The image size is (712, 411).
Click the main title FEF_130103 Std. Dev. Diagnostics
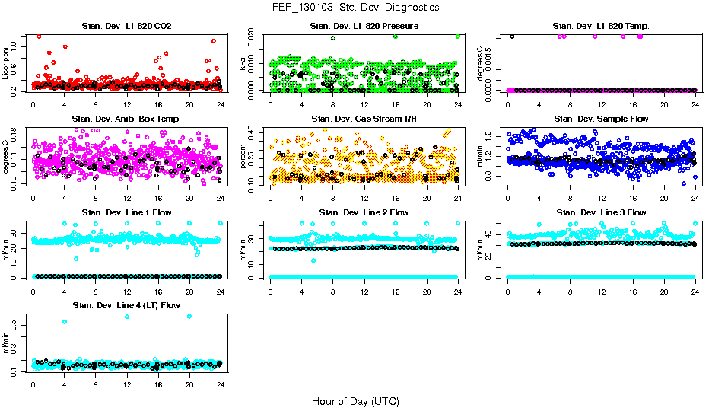tap(355, 8)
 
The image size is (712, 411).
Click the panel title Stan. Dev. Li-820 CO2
tap(127, 27)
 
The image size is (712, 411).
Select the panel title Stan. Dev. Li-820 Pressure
tap(364, 27)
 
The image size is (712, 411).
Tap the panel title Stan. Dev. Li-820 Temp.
tap(602, 27)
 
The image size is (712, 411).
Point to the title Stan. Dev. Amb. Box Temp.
tap(127, 119)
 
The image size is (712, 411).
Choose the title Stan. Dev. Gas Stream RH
tap(364, 119)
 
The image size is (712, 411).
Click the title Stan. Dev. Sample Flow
tap(602, 119)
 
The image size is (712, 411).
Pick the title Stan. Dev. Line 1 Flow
tap(127, 212)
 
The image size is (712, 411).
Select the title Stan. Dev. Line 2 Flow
tap(364, 212)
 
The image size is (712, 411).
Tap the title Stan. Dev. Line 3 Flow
tap(602, 212)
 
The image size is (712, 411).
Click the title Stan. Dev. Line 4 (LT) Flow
tap(127, 305)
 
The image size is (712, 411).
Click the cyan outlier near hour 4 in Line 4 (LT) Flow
tap(65, 322)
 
